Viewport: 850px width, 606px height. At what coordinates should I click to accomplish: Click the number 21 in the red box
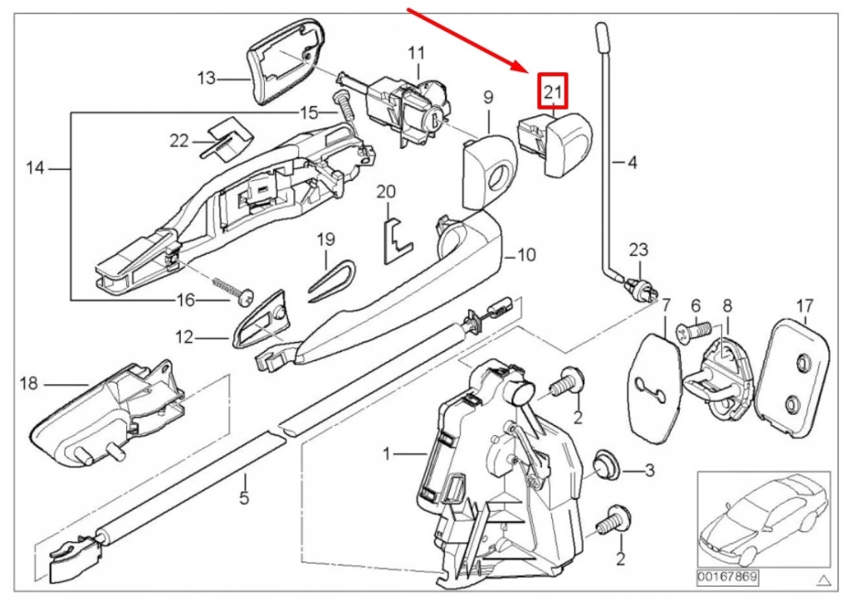pyautogui.click(x=553, y=90)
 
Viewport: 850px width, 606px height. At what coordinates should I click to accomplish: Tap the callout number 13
pyautogui.click(x=206, y=78)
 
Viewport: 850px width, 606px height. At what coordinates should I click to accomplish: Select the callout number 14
pyautogui.click(x=34, y=169)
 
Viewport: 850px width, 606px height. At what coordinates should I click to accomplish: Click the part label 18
pyautogui.click(x=29, y=384)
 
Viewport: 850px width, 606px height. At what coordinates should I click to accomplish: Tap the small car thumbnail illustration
pyautogui.click(x=762, y=519)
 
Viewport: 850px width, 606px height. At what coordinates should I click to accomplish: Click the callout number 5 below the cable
pyautogui.click(x=244, y=499)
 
